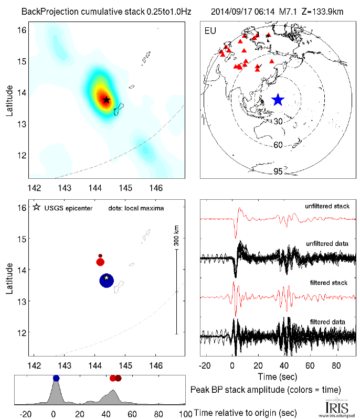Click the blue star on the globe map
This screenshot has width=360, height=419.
278,99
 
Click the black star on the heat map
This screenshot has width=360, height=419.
107,100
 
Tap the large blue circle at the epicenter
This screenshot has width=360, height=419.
107,281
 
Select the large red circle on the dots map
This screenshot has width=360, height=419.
101,262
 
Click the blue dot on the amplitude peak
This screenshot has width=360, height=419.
56,378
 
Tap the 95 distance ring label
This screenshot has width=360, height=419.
278,171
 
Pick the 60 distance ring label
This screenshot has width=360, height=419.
278,144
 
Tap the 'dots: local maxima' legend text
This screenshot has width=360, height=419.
136,208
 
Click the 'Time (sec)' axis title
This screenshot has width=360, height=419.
278,377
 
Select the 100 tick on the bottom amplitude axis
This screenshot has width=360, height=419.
185,414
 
